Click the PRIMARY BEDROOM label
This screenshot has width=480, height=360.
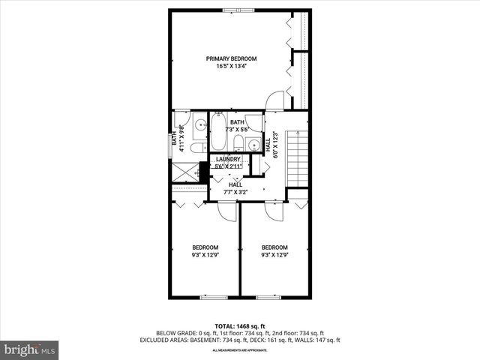pyautogui.click(x=232, y=58)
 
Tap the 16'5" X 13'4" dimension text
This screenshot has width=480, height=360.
pyautogui.click(x=232, y=66)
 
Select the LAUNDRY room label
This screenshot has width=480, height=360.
pyautogui.click(x=228, y=159)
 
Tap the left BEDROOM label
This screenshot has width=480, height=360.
pyautogui.click(x=205, y=247)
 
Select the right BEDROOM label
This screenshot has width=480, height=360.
pyautogui.click(x=274, y=247)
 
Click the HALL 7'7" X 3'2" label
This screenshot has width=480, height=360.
pyautogui.click(x=235, y=188)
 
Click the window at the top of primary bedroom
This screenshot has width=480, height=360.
pyautogui.click(x=232, y=10)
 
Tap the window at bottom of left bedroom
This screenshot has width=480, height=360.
pyautogui.click(x=213, y=298)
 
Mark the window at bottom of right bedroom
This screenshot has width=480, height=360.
pyautogui.click(x=268, y=298)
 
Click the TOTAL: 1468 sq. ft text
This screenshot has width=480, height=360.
pyautogui.click(x=239, y=325)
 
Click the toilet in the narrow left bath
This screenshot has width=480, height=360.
pyautogui.click(x=196, y=148)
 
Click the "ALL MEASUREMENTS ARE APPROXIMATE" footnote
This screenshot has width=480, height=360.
pyautogui.click(x=239, y=350)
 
